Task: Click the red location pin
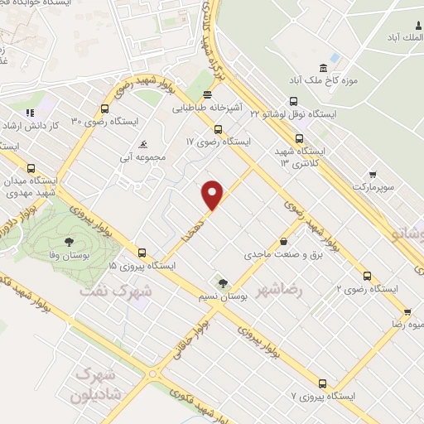213,194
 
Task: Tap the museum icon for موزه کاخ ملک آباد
323,67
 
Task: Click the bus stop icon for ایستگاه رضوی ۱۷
218,128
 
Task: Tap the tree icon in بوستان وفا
68,243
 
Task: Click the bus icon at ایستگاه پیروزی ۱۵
142,253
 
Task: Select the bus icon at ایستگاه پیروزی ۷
322,383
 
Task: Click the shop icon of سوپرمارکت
373,175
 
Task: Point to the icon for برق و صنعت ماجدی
285,242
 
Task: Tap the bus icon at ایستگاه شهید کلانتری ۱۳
299,139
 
